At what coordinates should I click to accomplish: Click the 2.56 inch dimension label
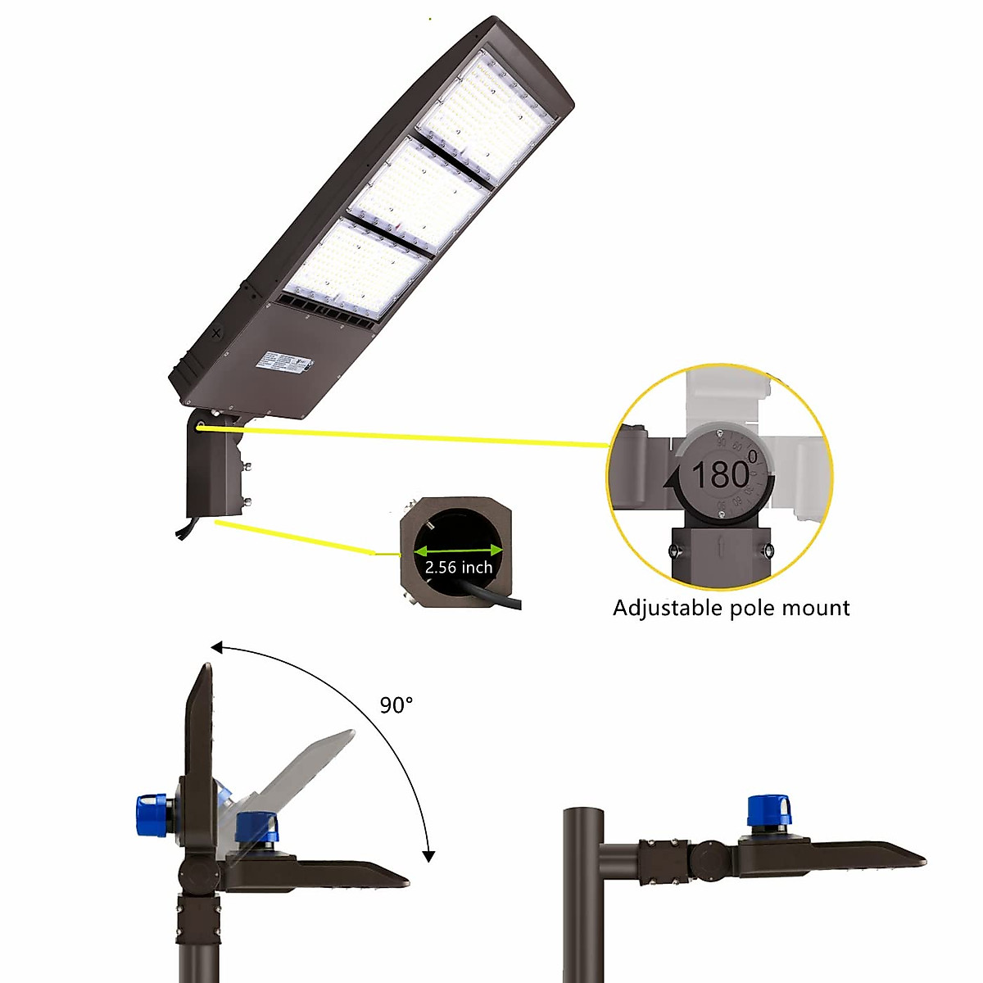point(459,567)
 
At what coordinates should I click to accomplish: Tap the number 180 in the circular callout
point(720,474)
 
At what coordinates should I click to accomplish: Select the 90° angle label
point(396,704)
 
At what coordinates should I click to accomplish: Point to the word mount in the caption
point(815,608)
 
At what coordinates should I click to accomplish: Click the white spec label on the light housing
point(278,360)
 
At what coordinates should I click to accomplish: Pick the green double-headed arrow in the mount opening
point(459,550)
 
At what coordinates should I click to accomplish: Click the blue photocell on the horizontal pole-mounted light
point(770,811)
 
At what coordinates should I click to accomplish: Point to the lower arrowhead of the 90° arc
point(428,856)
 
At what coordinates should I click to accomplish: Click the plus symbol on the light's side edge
point(216,333)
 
